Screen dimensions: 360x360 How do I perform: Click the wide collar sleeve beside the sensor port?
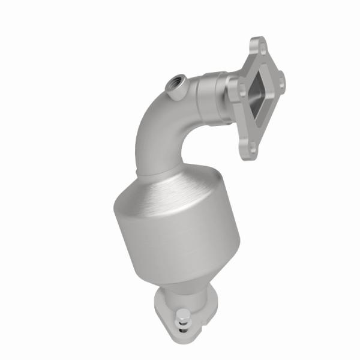[x=207, y=96]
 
